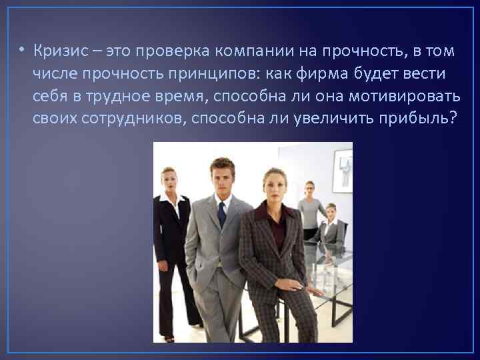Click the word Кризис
point(59,51)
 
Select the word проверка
point(154,51)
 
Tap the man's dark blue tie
point(222,215)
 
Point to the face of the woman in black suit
point(169,181)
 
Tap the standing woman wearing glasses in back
point(310,207)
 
